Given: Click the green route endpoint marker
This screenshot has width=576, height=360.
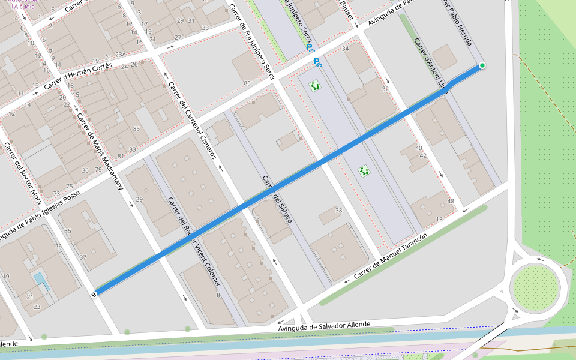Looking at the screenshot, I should (482, 65).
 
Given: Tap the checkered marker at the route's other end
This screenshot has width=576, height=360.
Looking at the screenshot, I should (94, 294).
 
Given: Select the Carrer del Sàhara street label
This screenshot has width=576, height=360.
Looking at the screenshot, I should (277, 200).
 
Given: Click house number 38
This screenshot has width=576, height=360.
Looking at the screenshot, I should (338, 211).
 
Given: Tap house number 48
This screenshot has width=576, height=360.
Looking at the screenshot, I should (451, 202).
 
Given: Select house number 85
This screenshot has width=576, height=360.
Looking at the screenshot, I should (136, 129).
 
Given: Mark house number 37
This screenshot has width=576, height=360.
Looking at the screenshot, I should (83, 258).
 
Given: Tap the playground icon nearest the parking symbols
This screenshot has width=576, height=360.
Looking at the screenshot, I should (315, 86).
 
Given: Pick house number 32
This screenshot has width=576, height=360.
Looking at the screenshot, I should (385, 89).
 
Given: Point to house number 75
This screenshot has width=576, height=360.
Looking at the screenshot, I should (69, 187).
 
